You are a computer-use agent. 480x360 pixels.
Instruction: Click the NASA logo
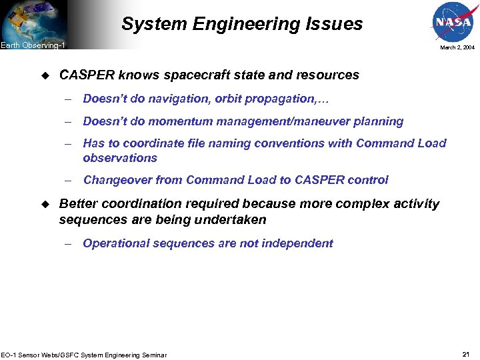pyautogui.click(x=453, y=21)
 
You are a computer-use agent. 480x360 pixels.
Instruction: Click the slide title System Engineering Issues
pyautogui.click(x=242, y=25)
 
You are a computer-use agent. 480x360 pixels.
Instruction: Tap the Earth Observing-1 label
pyautogui.click(x=33, y=45)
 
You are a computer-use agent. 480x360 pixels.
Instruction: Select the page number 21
pyautogui.click(x=466, y=353)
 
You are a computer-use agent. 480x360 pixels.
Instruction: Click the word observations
pyautogui.click(x=120, y=158)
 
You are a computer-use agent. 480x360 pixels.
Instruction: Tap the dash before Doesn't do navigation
pyautogui.click(x=69, y=99)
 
